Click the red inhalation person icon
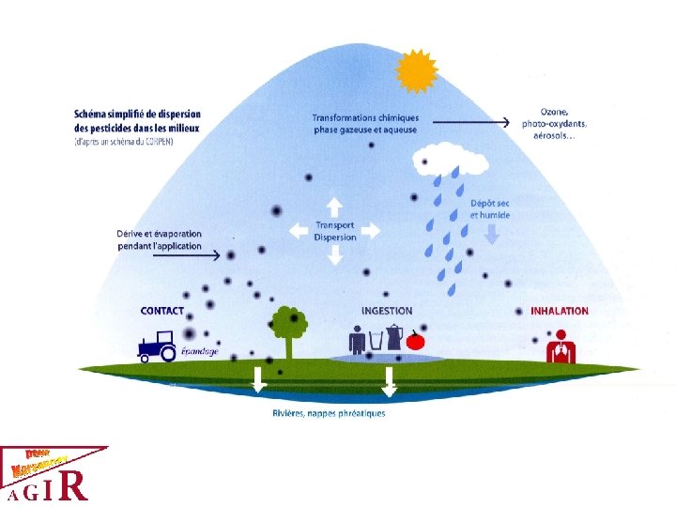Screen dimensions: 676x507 click(x=562, y=344)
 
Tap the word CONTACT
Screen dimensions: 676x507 click(x=161, y=311)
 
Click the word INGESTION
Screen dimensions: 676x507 click(x=386, y=311)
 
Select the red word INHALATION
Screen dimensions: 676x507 click(x=560, y=311)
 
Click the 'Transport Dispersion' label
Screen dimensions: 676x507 click(x=335, y=231)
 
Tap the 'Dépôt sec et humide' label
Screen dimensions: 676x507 click(x=490, y=208)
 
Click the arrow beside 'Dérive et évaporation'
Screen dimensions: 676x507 click(x=223, y=254)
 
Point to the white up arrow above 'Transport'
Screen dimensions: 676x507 click(x=334, y=206)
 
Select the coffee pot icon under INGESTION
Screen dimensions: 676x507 click(x=395, y=337)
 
